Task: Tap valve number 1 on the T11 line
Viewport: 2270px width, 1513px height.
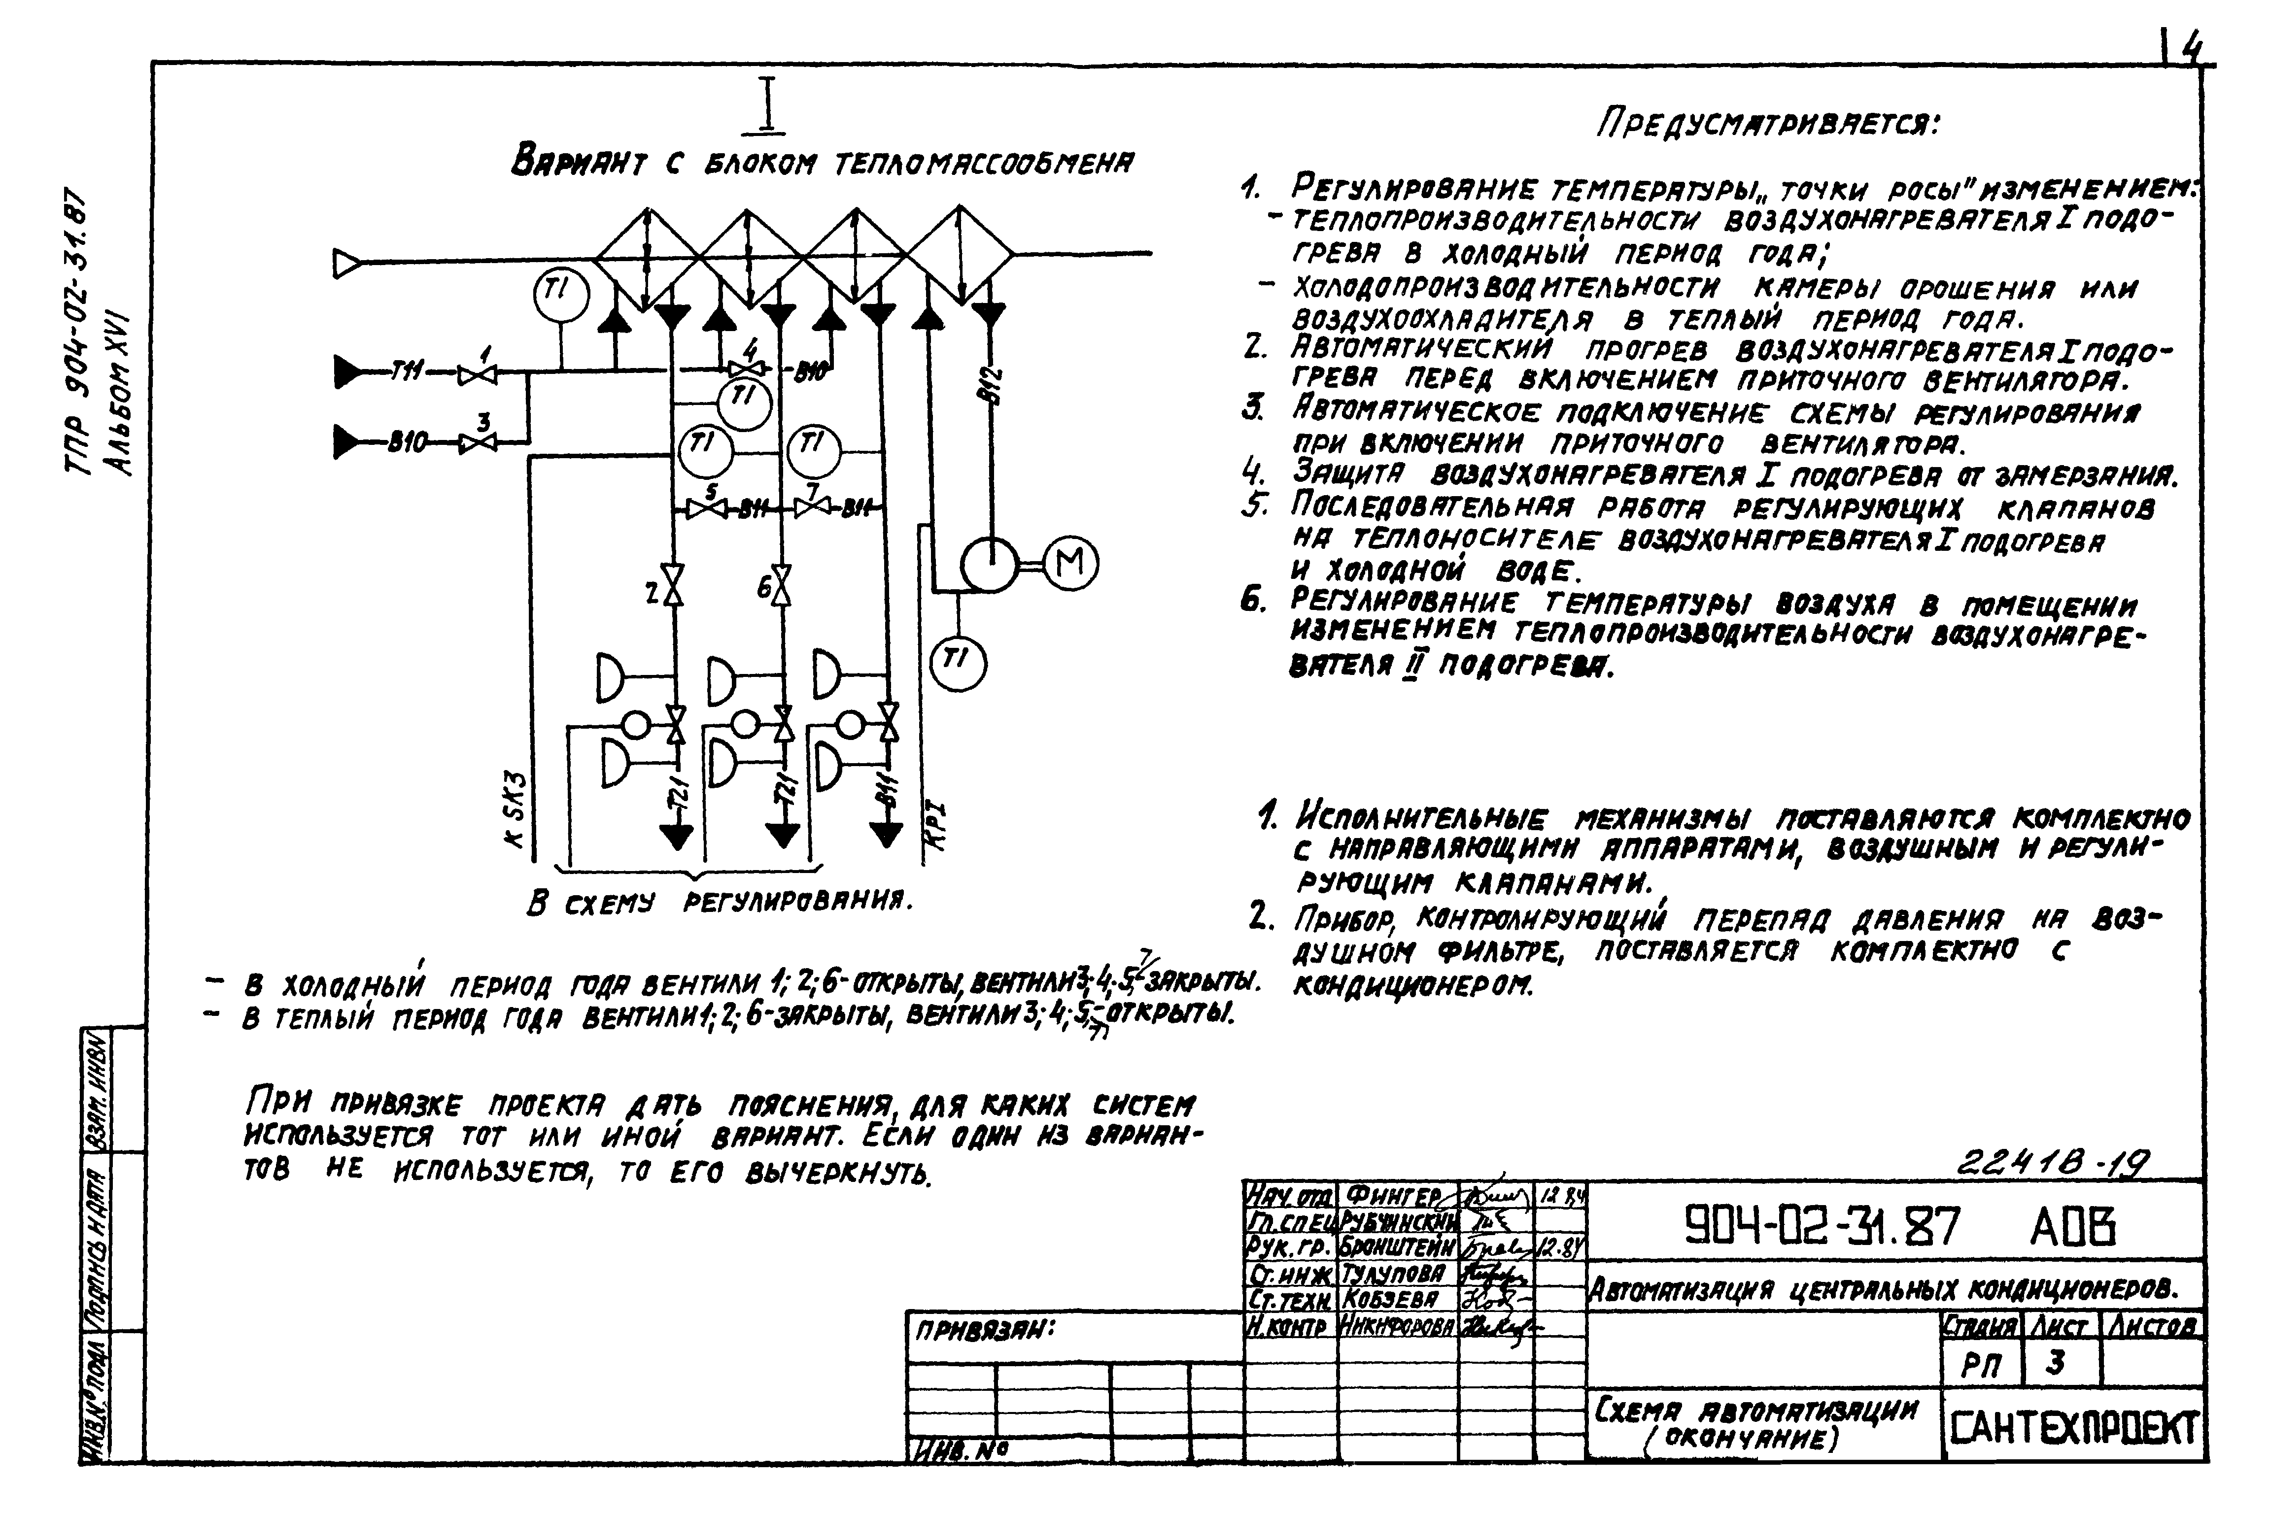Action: [x=477, y=374]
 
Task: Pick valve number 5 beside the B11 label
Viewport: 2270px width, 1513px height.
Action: [x=707, y=508]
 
